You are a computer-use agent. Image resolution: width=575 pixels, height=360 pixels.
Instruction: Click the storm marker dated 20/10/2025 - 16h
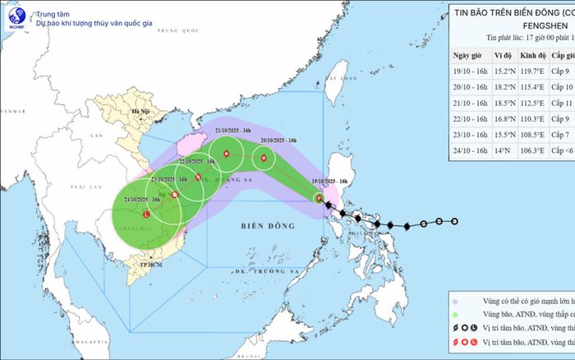[x=264, y=159]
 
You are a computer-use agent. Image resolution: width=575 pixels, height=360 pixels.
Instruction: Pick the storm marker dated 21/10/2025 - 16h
[x=226, y=153]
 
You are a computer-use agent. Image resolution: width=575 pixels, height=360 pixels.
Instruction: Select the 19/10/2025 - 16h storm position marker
[x=320, y=198]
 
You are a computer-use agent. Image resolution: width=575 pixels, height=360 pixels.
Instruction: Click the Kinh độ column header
[x=537, y=55]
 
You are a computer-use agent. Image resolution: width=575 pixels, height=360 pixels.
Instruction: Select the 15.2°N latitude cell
[x=504, y=72]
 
